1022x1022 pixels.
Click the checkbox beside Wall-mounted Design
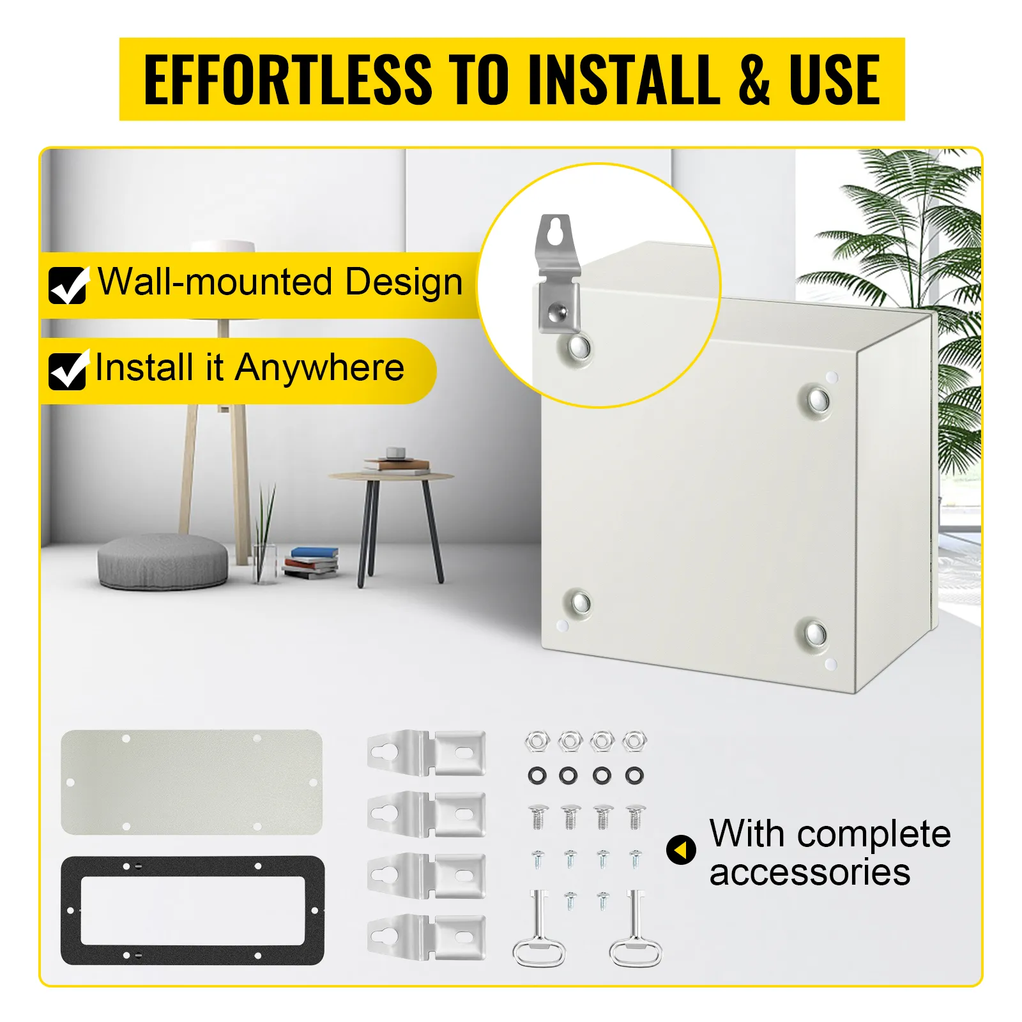click(68, 285)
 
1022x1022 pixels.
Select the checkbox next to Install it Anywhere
click(68, 370)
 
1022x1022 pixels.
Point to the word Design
click(404, 282)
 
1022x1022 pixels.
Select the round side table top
click(391, 477)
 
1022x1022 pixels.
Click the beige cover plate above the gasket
click(192, 782)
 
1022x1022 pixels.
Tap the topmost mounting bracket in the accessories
click(427, 753)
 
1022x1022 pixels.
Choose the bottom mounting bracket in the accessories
click(427, 937)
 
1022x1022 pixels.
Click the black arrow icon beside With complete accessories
click(681, 850)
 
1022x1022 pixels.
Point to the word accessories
click(809, 873)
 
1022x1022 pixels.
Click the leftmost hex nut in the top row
click(538, 742)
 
